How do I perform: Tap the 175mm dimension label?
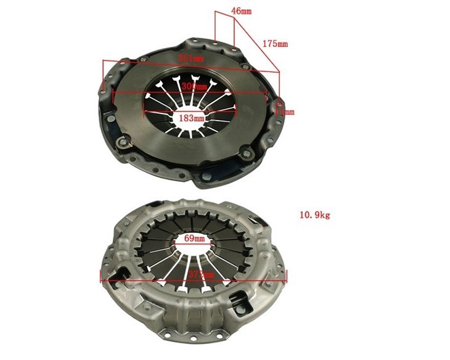[x=275, y=44]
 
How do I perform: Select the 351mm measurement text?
[x=191, y=58]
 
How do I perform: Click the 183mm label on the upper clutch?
[x=191, y=117]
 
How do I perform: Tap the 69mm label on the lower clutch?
[x=193, y=237]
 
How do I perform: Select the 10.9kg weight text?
[x=315, y=215]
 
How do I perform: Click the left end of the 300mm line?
[x=113, y=94]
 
